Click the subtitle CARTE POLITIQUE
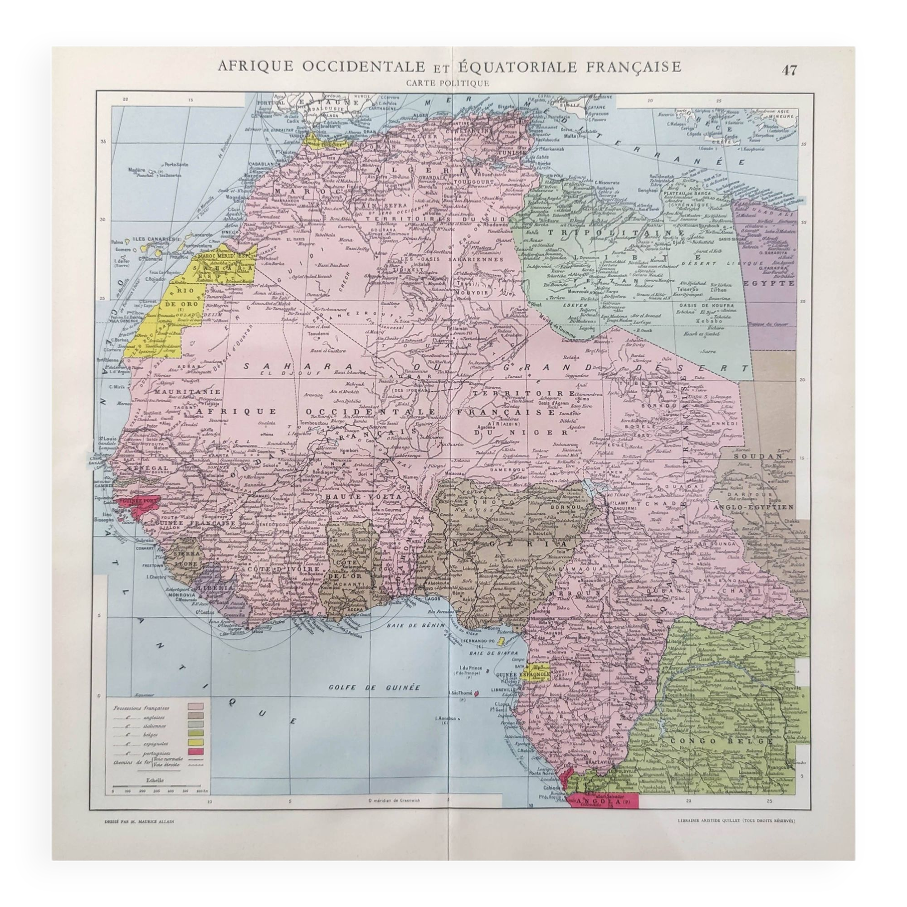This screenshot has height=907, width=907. [449, 83]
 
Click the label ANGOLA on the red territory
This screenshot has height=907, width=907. [599, 815]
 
